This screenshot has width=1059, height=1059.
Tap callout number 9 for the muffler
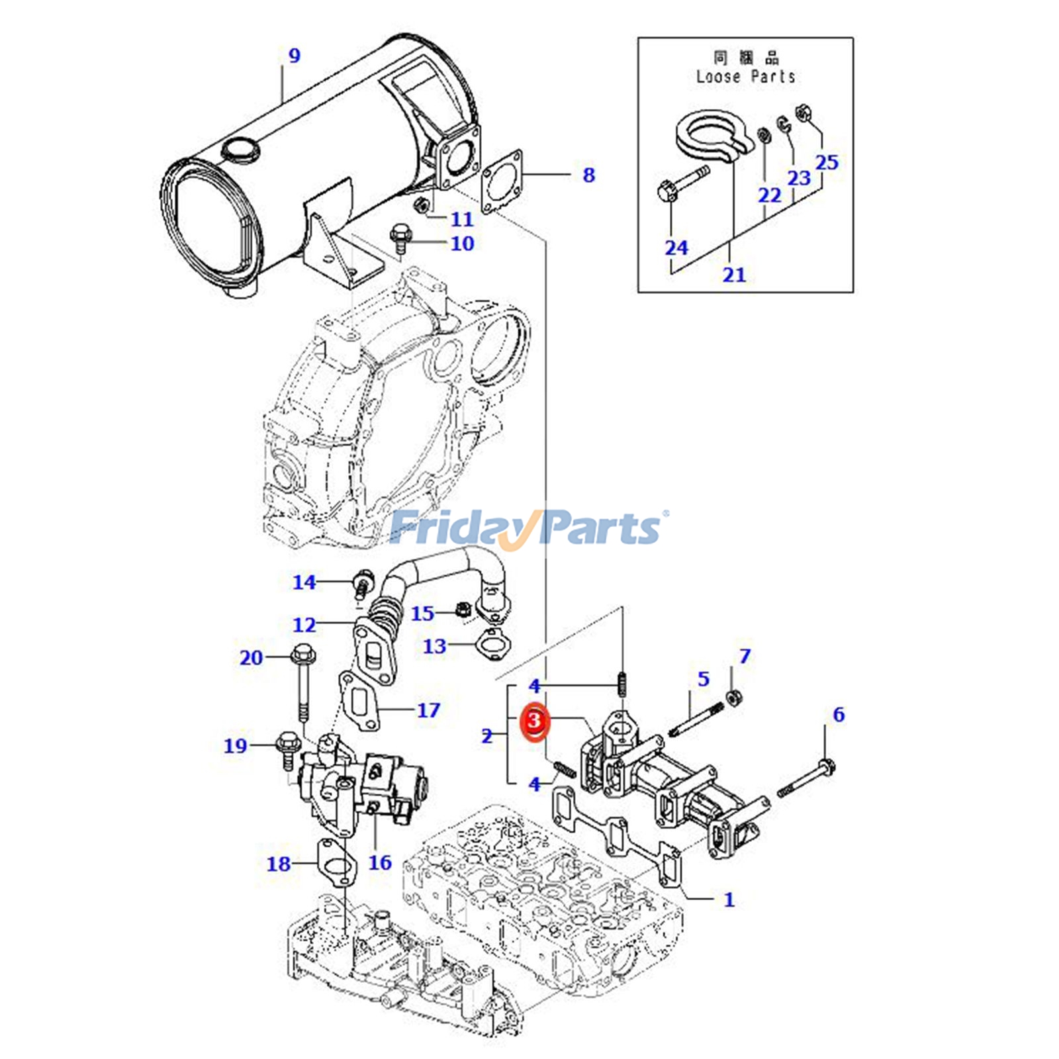pos(294,56)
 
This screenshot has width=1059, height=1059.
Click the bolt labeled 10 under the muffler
pos(400,240)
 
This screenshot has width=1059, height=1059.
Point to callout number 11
pos(462,219)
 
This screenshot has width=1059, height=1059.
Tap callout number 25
pos(827,163)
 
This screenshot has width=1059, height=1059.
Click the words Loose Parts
pos(745,77)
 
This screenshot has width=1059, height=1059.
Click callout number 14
pos(304,582)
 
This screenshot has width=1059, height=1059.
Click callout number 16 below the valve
pos(380,862)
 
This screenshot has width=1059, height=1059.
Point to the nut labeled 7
pos(733,696)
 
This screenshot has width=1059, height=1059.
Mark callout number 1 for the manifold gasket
pos(729,899)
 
